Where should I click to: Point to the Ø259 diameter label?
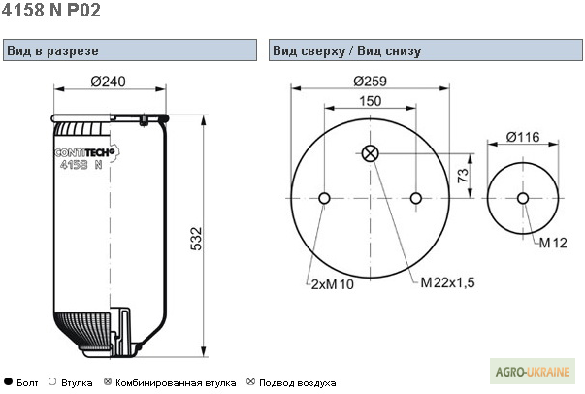point(371,82)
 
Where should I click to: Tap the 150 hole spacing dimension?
point(370,100)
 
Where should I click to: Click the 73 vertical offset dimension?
point(463,176)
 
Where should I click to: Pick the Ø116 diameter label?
point(523,139)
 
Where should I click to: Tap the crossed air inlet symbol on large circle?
point(370,152)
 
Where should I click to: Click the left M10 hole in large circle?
point(324,199)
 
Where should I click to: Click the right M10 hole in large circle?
point(416,199)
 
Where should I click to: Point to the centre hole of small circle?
point(523,199)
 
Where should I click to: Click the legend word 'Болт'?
point(27,383)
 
